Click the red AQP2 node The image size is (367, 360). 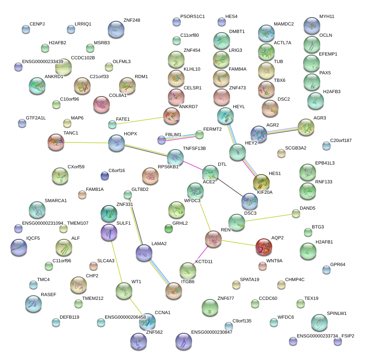(x=263, y=247)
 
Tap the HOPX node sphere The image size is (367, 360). (x=116, y=143)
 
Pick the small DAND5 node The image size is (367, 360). (x=296, y=214)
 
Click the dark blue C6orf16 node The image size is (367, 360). (x=105, y=176)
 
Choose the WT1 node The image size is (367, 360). (x=124, y=291)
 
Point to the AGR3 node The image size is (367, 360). (x=306, y=127)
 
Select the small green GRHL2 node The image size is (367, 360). (x=169, y=228)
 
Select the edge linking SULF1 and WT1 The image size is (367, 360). (x=116, y=262)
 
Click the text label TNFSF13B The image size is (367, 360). (x=194, y=148)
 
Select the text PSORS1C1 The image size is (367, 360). (x=192, y=16)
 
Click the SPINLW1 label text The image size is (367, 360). (x=337, y=313)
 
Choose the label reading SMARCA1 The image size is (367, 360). (x=56, y=200)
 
